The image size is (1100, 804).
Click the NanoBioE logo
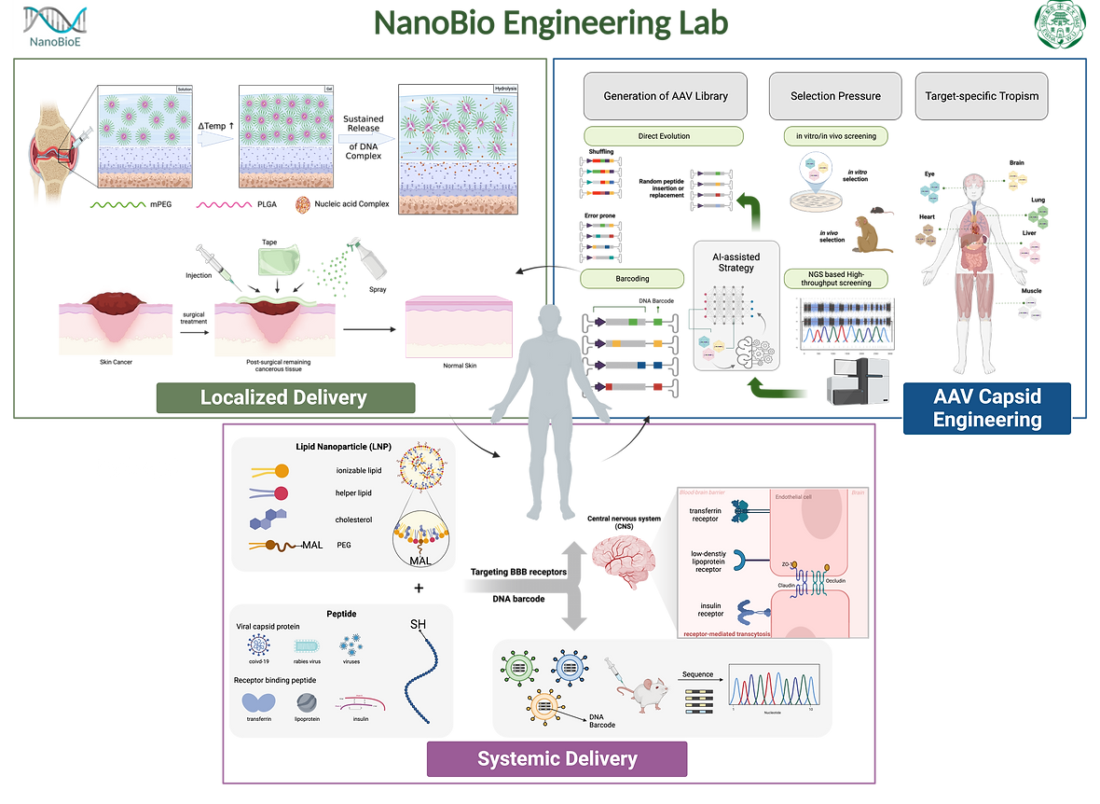coord(55,28)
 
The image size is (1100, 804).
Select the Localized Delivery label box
coord(283,398)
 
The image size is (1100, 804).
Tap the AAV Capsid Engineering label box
coord(987,408)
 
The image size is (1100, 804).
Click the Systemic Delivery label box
coord(557,758)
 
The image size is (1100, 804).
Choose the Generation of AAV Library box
coord(665,96)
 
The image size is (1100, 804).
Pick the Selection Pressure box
coord(835,96)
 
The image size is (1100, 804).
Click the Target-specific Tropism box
coord(982,96)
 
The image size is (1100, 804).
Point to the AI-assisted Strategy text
coord(736,261)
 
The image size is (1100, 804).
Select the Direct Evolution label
coord(664,136)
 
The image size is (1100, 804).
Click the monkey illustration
coord(874,233)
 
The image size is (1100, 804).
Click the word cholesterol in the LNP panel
coord(354,520)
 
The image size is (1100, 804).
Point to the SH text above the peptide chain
coord(419,623)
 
